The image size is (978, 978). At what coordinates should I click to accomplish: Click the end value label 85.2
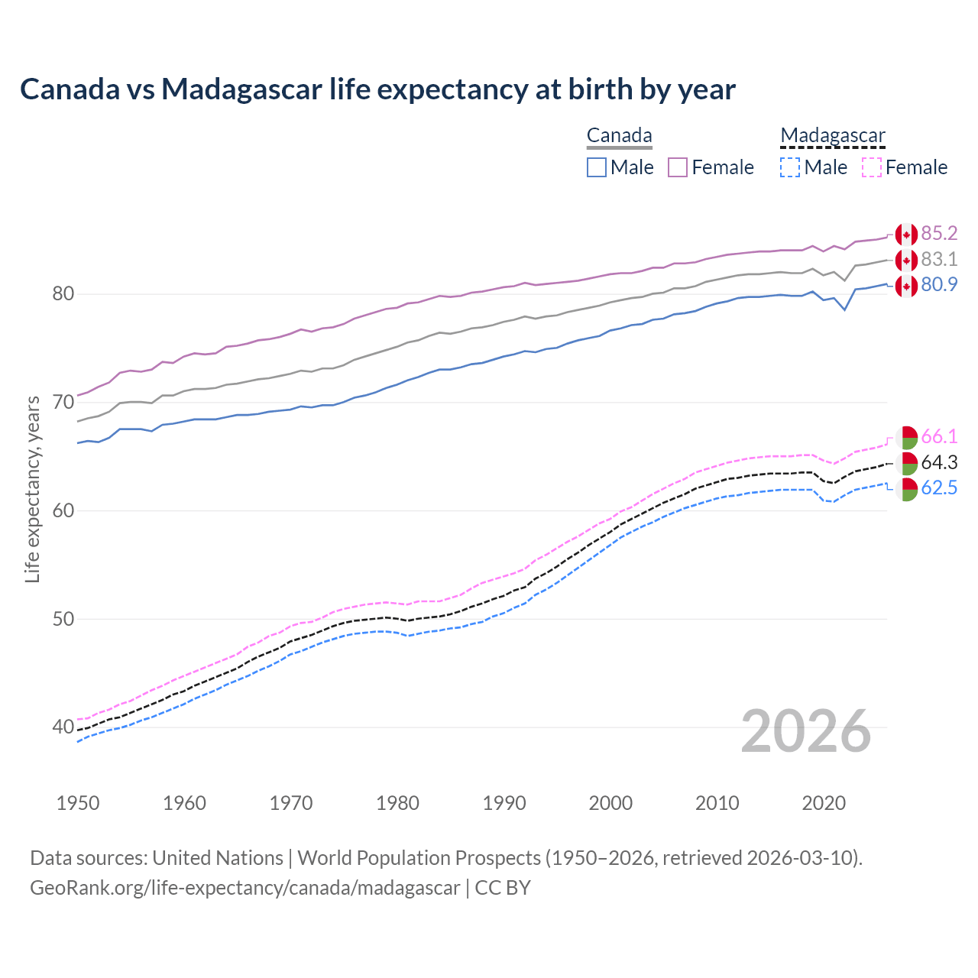[x=939, y=233]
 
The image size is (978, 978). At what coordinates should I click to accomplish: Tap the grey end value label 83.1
[x=939, y=259]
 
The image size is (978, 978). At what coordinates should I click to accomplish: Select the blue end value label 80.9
[x=939, y=285]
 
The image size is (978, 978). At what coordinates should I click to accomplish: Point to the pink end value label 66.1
[x=939, y=437]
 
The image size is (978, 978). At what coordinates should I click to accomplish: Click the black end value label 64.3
[x=939, y=463]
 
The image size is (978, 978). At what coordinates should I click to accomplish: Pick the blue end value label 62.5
[x=939, y=488]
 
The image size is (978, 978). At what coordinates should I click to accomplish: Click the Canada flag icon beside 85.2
[x=906, y=235]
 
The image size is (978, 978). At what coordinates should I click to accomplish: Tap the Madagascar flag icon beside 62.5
[x=906, y=490]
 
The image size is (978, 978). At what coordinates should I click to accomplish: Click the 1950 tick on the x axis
[x=78, y=803]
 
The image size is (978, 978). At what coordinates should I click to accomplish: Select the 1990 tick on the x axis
[x=504, y=803]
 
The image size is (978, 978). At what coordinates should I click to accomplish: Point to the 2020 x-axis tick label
[x=824, y=803]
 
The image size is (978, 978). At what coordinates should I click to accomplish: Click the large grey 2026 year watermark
[x=806, y=731]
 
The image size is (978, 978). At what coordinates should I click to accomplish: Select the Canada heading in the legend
[x=619, y=136]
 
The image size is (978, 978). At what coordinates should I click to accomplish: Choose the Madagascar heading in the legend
[x=832, y=136]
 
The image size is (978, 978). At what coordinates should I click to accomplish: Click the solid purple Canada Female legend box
[x=678, y=167]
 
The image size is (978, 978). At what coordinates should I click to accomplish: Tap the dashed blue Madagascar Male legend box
[x=790, y=167]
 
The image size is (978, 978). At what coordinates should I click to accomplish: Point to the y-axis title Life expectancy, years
[x=32, y=489]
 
